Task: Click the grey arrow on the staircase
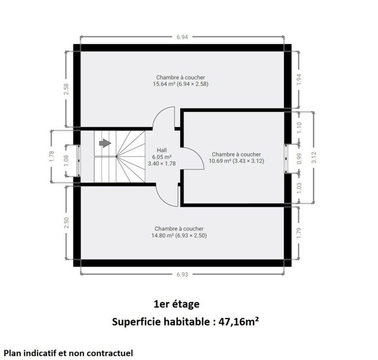[x=105, y=143]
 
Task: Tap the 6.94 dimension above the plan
[x=182, y=37]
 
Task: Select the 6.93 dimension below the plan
[x=182, y=274]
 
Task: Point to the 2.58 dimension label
[x=66, y=89]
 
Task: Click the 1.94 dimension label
[x=299, y=79]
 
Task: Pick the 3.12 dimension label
[x=314, y=157]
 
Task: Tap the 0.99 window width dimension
[x=299, y=159]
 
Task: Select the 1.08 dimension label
[x=66, y=160]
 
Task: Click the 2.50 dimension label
[x=66, y=223]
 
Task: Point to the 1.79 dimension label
[x=299, y=233]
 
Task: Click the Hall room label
[x=162, y=150]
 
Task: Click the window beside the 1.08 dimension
[x=78, y=161]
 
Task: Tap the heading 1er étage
[x=177, y=304]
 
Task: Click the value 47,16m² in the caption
[x=239, y=322]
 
